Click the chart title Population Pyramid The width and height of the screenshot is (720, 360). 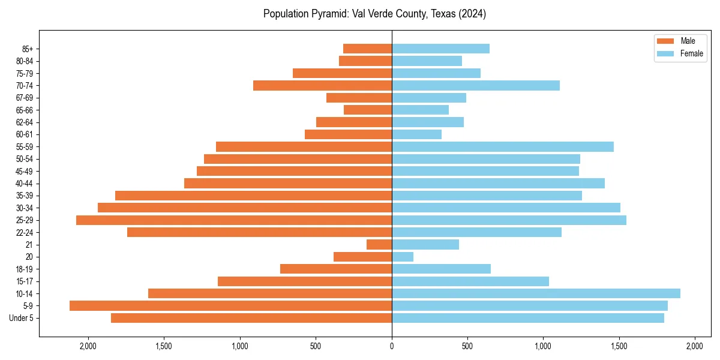374,14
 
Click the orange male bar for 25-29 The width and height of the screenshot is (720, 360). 234,220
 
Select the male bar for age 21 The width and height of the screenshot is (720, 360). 379,245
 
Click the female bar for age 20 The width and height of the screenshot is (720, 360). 403,257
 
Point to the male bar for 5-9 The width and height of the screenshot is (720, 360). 231,306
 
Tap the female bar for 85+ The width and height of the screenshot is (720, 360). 440,49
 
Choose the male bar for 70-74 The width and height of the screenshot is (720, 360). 322,86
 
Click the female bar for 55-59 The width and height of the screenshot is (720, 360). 503,147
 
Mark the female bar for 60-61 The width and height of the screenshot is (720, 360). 416,134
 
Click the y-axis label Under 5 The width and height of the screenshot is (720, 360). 21,318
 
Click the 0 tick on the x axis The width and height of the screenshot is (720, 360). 392,346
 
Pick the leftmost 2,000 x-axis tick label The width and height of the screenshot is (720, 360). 88,346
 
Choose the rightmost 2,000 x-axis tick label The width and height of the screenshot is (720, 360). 695,346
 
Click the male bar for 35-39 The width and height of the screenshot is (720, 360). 253,196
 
